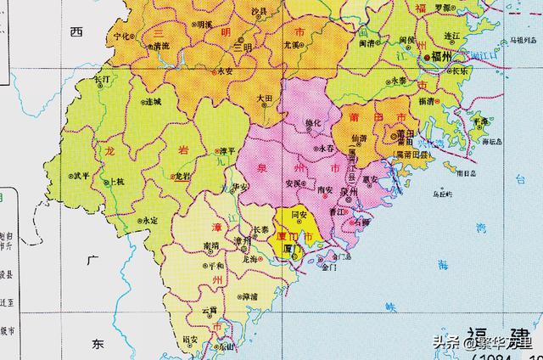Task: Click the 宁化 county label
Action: coord(122,37)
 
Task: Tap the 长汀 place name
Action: coord(101,79)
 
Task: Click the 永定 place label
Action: coord(149,221)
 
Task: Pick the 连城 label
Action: coord(152,102)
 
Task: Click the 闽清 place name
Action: coord(367,42)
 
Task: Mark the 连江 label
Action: coord(458,37)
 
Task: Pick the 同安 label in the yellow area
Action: coord(298,217)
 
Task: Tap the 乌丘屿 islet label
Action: coord(440,194)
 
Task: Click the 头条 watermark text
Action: coord(447,344)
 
